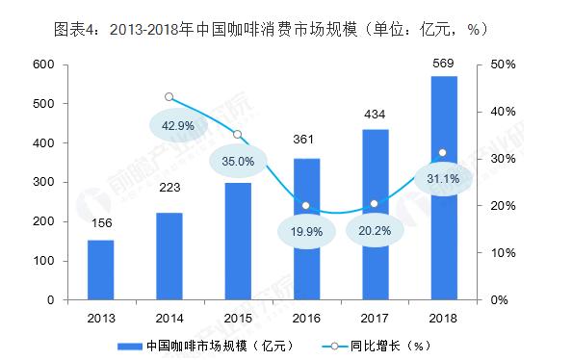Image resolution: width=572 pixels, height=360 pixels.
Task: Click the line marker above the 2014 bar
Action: click(x=169, y=97)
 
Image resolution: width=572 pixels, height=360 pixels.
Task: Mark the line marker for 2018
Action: click(x=442, y=152)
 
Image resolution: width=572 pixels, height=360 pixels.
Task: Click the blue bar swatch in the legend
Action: click(x=129, y=345)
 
